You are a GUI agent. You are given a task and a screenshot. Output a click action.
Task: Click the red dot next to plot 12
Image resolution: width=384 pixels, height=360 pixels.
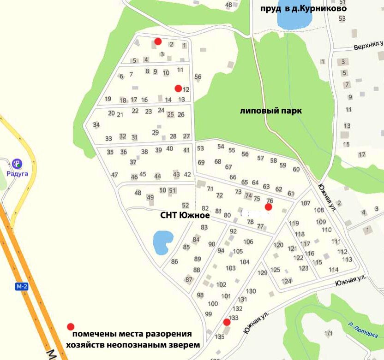coord(178,88)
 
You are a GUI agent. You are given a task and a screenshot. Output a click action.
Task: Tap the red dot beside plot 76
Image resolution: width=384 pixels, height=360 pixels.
coord(268,207)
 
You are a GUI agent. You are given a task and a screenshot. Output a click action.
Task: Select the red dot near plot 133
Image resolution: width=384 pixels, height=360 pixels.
coord(227,322)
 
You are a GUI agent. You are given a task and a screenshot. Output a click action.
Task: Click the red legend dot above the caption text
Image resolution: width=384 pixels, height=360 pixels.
coord(71,326)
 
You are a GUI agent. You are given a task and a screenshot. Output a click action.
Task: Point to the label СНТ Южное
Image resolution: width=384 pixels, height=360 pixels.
coord(185,215)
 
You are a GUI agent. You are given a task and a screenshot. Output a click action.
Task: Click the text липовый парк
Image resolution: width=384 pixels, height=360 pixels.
coord(270,111)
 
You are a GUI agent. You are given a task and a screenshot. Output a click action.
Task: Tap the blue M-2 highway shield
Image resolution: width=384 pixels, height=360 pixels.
coord(21,287)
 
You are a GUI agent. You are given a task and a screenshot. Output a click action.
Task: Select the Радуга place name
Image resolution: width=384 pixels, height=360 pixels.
coord(18,174)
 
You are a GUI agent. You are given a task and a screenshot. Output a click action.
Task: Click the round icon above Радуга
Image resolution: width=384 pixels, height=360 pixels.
coord(17,163)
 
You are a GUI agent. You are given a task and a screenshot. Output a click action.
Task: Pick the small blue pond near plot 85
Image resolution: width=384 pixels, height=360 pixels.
coord(162,242)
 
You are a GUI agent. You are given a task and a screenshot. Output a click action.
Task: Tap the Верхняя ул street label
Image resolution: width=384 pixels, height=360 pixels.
coord(369,46)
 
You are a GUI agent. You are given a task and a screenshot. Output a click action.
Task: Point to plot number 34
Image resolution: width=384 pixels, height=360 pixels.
coord(96,125)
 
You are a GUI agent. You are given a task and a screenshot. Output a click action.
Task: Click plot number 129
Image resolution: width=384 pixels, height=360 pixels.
coord(262,273)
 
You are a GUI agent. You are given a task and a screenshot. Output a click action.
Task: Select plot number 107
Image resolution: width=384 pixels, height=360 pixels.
coord(305,203)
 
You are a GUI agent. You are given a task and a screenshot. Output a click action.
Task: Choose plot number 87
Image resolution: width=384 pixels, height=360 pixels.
coord(188,279)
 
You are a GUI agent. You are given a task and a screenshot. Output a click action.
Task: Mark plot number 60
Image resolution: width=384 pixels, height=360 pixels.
coord(296,169)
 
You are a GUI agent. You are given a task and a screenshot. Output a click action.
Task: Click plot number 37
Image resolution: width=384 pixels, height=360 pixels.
coord(133,162)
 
